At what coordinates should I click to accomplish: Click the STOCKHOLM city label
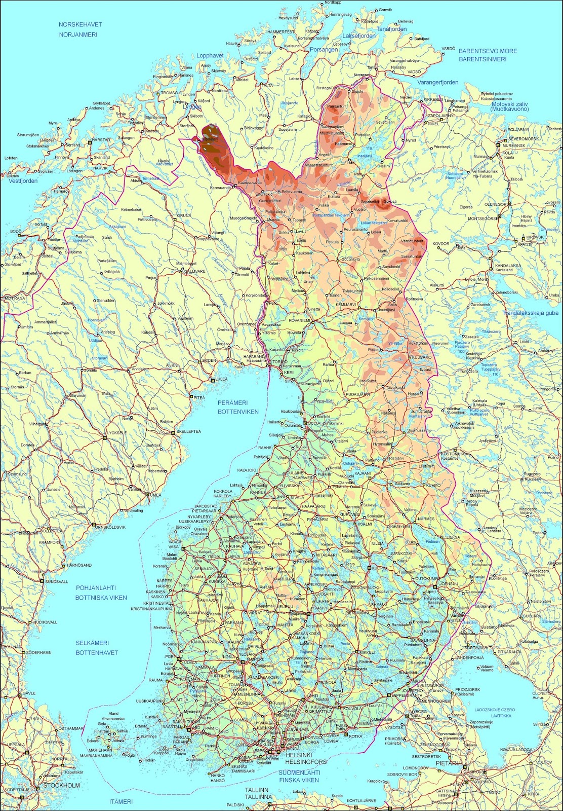click(x=62, y=785)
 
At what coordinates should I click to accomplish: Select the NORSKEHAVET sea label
click(x=80, y=24)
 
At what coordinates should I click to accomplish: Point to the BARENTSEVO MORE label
click(x=488, y=51)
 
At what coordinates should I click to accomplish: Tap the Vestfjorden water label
click(x=23, y=180)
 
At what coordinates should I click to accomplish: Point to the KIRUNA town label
click(x=184, y=215)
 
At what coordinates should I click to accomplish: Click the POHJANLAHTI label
click(x=96, y=588)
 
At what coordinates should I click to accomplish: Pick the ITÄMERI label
click(x=121, y=801)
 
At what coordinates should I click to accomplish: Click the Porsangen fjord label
click(x=324, y=50)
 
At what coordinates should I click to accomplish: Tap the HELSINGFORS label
click(x=306, y=761)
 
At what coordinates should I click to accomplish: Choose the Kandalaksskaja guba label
click(x=531, y=313)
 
